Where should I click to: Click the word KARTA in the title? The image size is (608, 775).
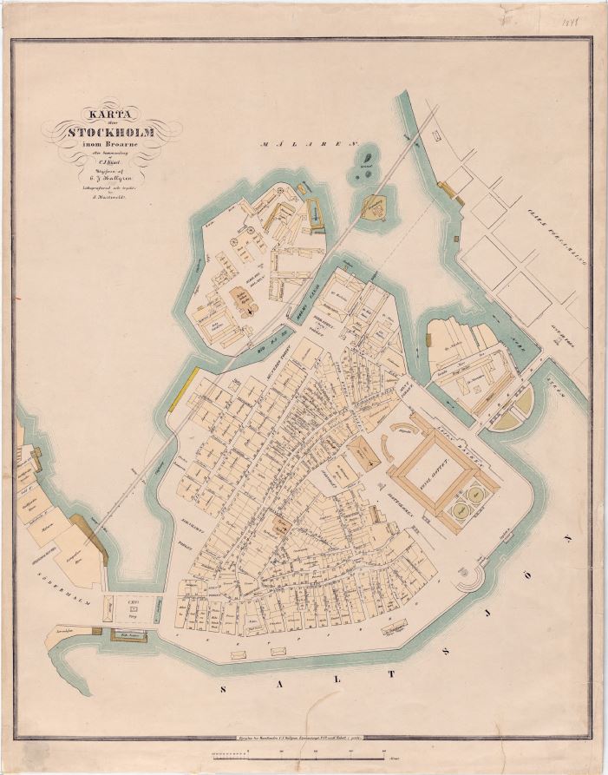[103, 114]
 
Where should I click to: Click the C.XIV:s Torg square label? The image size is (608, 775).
[133, 608]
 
